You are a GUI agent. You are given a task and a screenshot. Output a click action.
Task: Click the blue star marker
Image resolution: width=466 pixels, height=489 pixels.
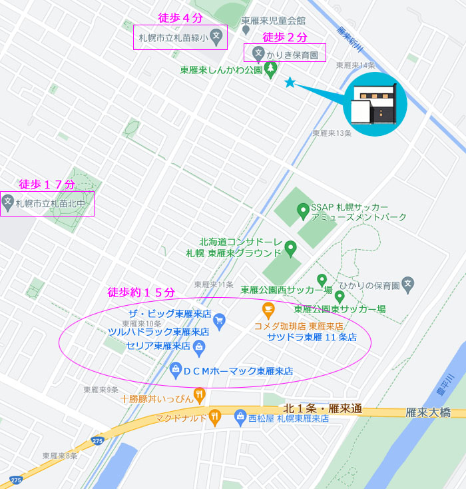click(x=290, y=82)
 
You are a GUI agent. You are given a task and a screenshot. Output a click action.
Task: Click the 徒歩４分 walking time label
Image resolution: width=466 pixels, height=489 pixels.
click(x=180, y=18)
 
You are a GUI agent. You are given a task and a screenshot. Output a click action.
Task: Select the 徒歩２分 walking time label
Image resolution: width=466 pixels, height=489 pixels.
click(x=285, y=36)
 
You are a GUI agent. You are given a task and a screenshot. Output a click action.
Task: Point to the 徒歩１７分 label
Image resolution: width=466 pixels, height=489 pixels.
click(x=47, y=185)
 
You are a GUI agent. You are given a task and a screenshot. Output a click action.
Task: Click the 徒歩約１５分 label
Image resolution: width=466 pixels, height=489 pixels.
click(x=141, y=292)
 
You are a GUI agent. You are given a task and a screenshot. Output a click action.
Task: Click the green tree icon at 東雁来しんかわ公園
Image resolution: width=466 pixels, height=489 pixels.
click(x=271, y=69)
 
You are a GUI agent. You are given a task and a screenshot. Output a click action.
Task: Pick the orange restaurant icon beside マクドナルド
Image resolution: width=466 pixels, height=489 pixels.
click(x=214, y=418)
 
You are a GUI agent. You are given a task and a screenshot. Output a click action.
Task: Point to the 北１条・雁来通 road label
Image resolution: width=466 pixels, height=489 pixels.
click(x=322, y=408)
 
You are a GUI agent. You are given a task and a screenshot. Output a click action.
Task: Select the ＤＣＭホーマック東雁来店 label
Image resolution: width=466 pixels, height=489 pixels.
click(x=238, y=371)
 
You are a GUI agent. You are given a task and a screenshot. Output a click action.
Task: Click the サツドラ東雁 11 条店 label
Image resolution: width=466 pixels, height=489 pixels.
click(x=312, y=337)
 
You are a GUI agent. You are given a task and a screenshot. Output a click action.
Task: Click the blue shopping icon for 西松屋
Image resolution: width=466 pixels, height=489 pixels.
click(x=240, y=418)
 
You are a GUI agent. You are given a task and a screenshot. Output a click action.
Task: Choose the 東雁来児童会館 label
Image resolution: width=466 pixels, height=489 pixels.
click(x=274, y=21)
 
